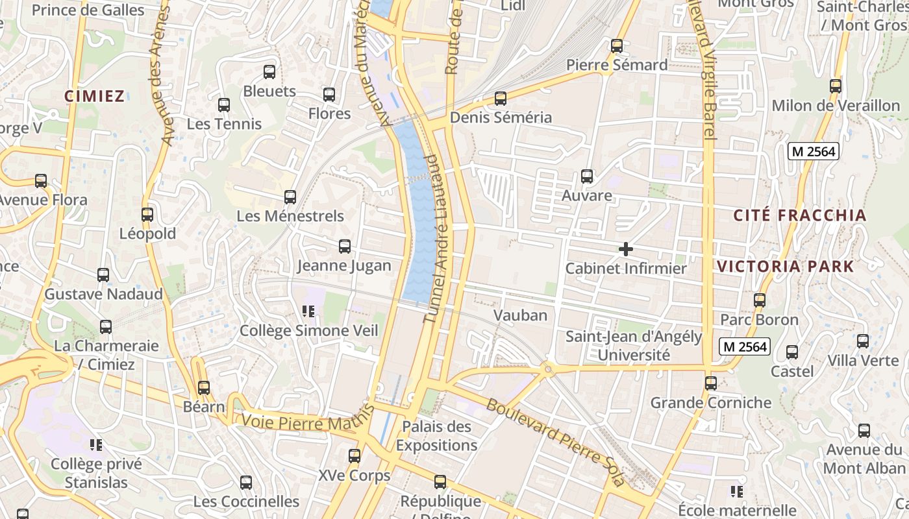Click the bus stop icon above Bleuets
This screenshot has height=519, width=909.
[x=269, y=72]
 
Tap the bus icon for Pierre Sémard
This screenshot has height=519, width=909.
[x=617, y=46]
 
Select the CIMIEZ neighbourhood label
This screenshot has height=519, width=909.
[x=94, y=97]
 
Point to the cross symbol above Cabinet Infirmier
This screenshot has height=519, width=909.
[x=626, y=249]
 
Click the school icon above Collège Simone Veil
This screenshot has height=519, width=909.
[x=308, y=311]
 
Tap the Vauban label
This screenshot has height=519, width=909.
[x=520, y=316]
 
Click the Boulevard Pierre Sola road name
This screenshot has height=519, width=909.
[x=556, y=441]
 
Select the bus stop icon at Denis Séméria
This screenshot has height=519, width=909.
[x=501, y=99]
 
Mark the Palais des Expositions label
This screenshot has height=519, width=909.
[x=436, y=436]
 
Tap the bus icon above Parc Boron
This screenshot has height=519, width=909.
[x=760, y=300]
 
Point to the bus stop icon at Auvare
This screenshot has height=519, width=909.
[x=587, y=176]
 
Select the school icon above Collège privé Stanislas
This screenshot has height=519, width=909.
[x=97, y=445]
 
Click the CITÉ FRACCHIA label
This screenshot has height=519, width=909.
[x=799, y=216]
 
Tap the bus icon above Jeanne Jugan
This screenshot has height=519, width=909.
[x=345, y=247]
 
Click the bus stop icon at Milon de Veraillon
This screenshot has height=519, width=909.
[x=836, y=86]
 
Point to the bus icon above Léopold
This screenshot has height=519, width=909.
[x=147, y=215]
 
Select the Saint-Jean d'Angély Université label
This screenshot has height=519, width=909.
[x=634, y=346]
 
